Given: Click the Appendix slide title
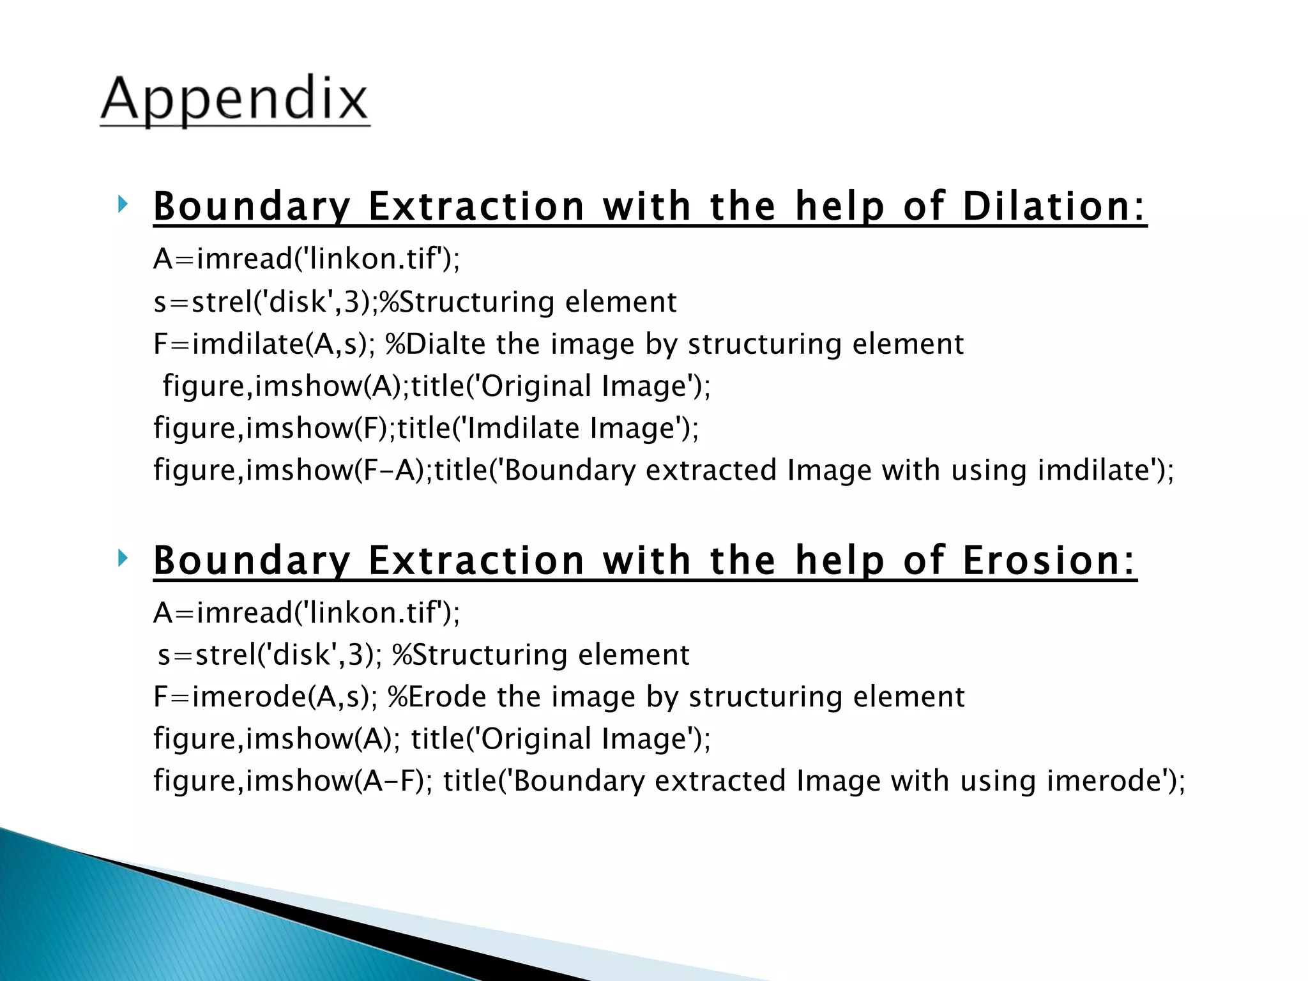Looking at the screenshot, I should [x=235, y=100].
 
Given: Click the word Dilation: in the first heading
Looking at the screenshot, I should [x=1054, y=207].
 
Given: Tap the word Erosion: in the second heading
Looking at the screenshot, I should [x=1049, y=561].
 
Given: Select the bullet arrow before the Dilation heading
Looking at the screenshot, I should [x=123, y=205].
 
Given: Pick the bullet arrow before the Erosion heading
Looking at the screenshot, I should [x=123, y=559].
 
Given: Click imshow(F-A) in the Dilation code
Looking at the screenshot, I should [x=338, y=471].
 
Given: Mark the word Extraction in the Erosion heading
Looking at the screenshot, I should [x=476, y=561].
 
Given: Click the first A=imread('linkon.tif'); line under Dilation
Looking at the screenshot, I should [x=307, y=259].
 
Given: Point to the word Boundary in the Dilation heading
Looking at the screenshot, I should [x=252, y=207].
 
